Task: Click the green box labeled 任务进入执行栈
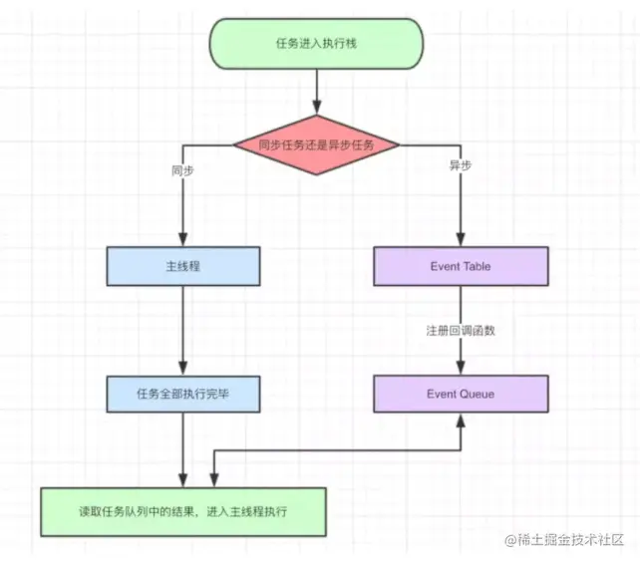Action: point(315,44)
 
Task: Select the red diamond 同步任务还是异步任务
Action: point(315,144)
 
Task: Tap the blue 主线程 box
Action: point(182,266)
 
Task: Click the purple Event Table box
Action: point(461,266)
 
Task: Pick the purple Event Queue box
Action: point(461,394)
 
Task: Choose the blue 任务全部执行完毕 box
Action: point(182,394)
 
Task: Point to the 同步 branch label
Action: point(182,169)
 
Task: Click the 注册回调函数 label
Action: point(461,330)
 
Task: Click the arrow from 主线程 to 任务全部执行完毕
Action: point(182,329)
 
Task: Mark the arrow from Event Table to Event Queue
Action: point(461,354)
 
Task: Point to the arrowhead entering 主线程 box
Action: point(182,240)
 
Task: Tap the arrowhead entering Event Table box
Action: point(461,240)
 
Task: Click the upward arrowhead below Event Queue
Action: point(461,420)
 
